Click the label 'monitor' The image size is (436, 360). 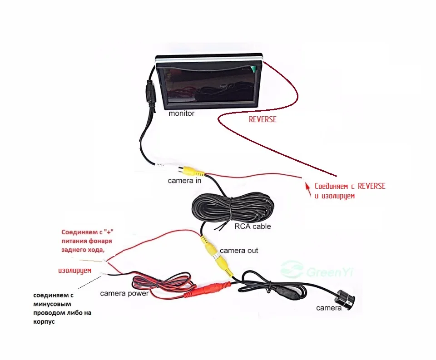pos(181,113)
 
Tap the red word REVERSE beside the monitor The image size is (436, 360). pos(263,120)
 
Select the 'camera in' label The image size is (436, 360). pos(184,181)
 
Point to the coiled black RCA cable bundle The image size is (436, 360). pos(232,209)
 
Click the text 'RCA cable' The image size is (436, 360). pos(252,226)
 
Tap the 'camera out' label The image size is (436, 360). pos(239,251)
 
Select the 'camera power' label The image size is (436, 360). pos(124,293)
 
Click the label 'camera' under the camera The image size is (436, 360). pos(328,309)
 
